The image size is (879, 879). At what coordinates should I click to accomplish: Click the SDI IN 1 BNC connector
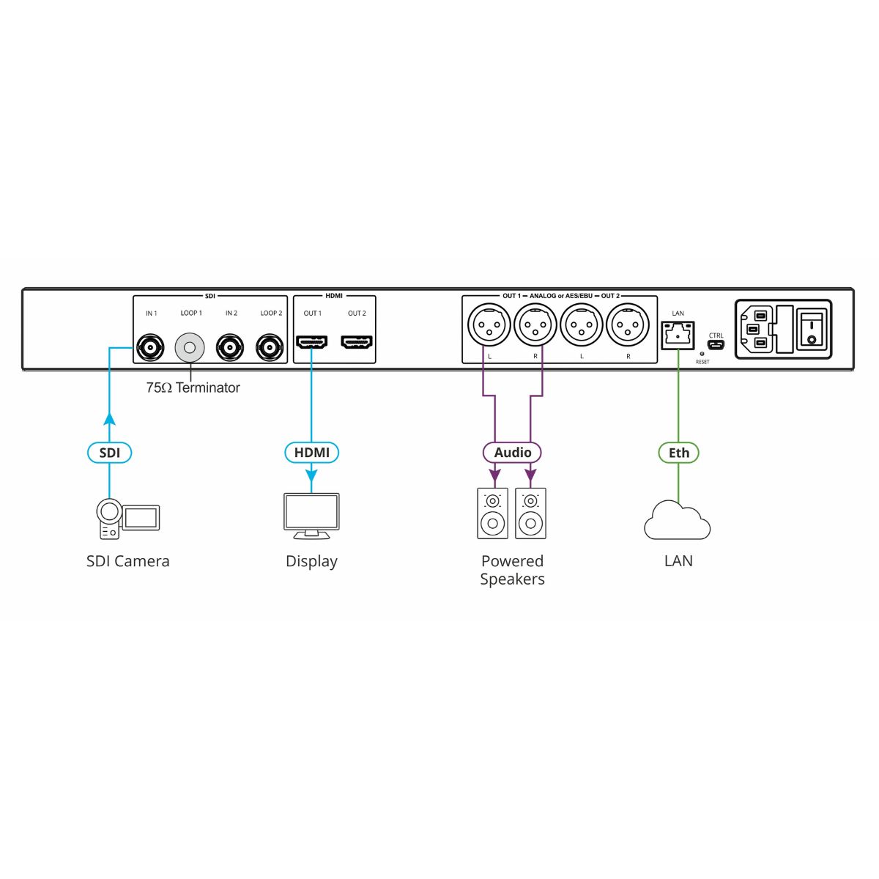(150, 347)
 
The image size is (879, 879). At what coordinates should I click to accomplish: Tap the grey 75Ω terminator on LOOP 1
(190, 347)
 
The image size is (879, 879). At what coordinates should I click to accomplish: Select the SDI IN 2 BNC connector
(231, 347)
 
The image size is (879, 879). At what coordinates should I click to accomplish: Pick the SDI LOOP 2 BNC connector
(270, 347)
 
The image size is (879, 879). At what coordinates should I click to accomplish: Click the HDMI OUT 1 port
(311, 341)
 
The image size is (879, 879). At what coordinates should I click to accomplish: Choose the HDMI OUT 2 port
(357, 341)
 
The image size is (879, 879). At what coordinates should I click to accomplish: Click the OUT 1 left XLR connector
(489, 324)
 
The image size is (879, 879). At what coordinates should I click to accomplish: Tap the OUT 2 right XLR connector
(628, 324)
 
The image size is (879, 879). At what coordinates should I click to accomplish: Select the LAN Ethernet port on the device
(678, 335)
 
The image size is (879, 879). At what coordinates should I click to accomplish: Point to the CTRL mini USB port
(716, 345)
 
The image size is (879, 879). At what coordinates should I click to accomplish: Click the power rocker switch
(811, 329)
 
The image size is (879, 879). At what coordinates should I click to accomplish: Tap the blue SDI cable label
(109, 453)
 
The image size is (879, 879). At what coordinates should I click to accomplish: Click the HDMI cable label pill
(311, 453)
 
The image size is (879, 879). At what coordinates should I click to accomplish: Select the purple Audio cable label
(512, 453)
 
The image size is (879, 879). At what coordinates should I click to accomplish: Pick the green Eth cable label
(678, 453)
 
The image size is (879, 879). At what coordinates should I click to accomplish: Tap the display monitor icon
(311, 515)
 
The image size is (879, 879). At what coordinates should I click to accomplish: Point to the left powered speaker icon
(492, 513)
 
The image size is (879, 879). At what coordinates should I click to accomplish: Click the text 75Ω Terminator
(193, 387)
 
